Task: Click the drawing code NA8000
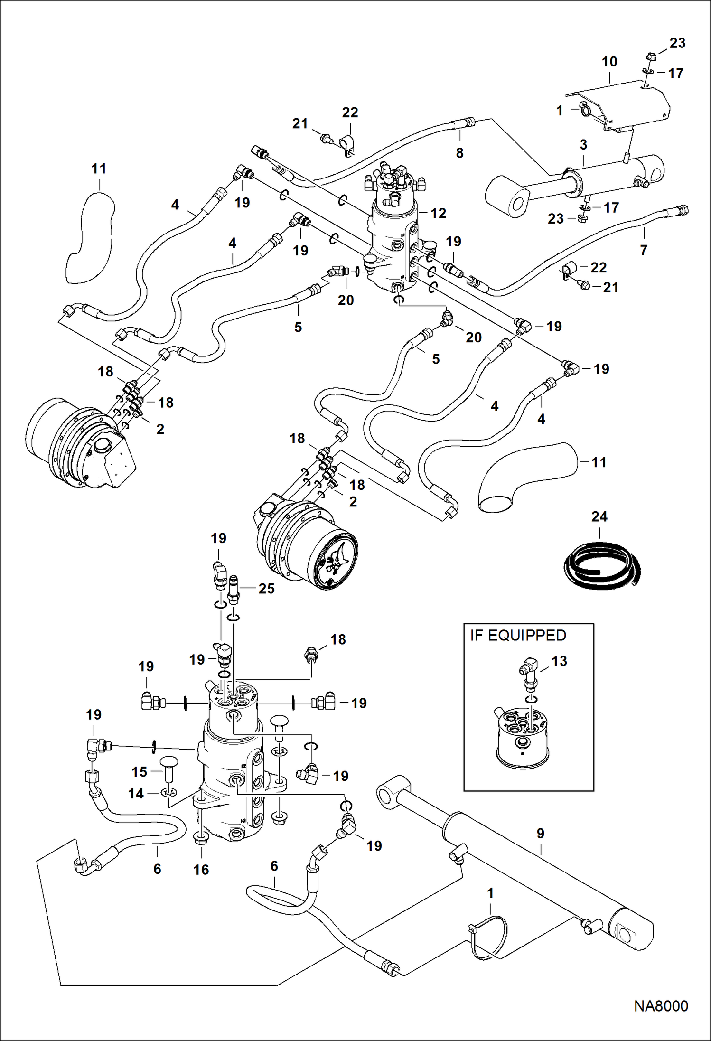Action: [661, 1006]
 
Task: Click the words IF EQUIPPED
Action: [518, 636]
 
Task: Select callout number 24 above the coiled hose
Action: [599, 516]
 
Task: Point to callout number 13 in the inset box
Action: [559, 661]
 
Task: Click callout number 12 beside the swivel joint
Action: [438, 214]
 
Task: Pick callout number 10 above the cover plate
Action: [609, 62]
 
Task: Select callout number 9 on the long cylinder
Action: [540, 833]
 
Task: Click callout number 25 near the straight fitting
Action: [266, 589]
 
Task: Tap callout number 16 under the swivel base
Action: [201, 870]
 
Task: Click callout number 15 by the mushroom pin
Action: [139, 772]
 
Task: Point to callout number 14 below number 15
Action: [136, 793]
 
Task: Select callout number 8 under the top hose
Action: [459, 153]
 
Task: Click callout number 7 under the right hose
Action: [644, 250]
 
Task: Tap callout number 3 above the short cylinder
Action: [583, 145]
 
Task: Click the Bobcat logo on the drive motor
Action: [336, 560]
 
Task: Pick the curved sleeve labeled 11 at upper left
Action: [91, 237]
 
